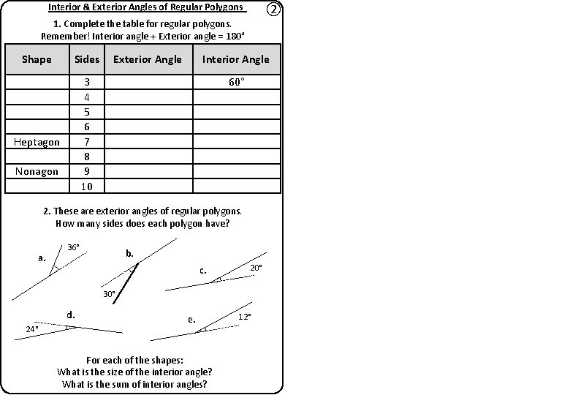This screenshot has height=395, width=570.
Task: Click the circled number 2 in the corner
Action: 272,10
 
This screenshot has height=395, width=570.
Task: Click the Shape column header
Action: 37,59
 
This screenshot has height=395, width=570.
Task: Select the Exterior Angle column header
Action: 148,59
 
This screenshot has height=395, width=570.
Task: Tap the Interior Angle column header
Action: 235,59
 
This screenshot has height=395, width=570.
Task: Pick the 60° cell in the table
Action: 235,82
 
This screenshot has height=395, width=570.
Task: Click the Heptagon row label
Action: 37,142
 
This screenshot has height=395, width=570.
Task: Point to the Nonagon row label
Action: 37,171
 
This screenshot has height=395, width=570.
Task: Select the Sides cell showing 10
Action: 86,187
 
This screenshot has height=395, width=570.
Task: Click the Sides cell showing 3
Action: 86,82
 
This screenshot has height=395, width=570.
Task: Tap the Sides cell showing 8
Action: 86,157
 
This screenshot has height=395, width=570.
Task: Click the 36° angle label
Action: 73,247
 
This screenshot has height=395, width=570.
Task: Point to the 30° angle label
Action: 109,293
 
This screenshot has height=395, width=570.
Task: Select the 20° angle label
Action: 256,268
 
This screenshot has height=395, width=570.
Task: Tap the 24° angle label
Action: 32,329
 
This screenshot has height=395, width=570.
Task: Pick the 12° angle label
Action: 245,317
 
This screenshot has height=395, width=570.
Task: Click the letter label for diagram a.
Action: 42,258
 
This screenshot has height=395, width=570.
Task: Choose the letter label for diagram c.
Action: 203,271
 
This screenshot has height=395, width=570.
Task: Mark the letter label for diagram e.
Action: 191,320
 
